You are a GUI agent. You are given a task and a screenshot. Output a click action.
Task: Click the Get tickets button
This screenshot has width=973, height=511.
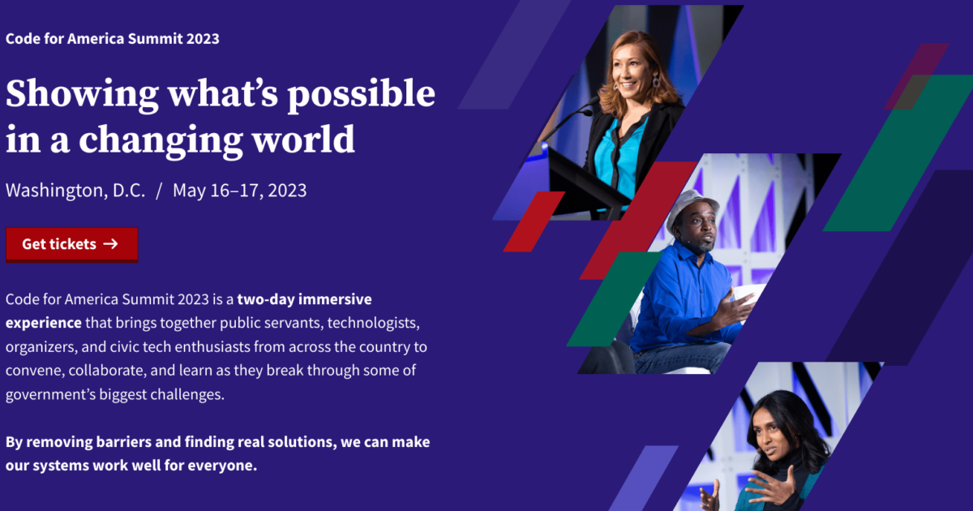tap(71, 244)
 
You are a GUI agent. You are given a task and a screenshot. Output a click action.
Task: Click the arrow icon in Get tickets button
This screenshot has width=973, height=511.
tap(111, 244)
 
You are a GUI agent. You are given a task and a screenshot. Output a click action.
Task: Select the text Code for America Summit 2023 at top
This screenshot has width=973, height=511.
tap(112, 38)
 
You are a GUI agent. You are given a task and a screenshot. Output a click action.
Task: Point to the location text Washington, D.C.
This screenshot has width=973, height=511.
tap(75, 191)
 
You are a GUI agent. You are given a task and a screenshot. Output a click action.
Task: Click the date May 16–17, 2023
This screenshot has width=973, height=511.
tap(239, 191)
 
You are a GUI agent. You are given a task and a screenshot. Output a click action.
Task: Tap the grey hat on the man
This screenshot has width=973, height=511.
tap(691, 205)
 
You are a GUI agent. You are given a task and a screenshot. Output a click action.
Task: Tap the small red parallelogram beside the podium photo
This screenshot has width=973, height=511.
tap(534, 221)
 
